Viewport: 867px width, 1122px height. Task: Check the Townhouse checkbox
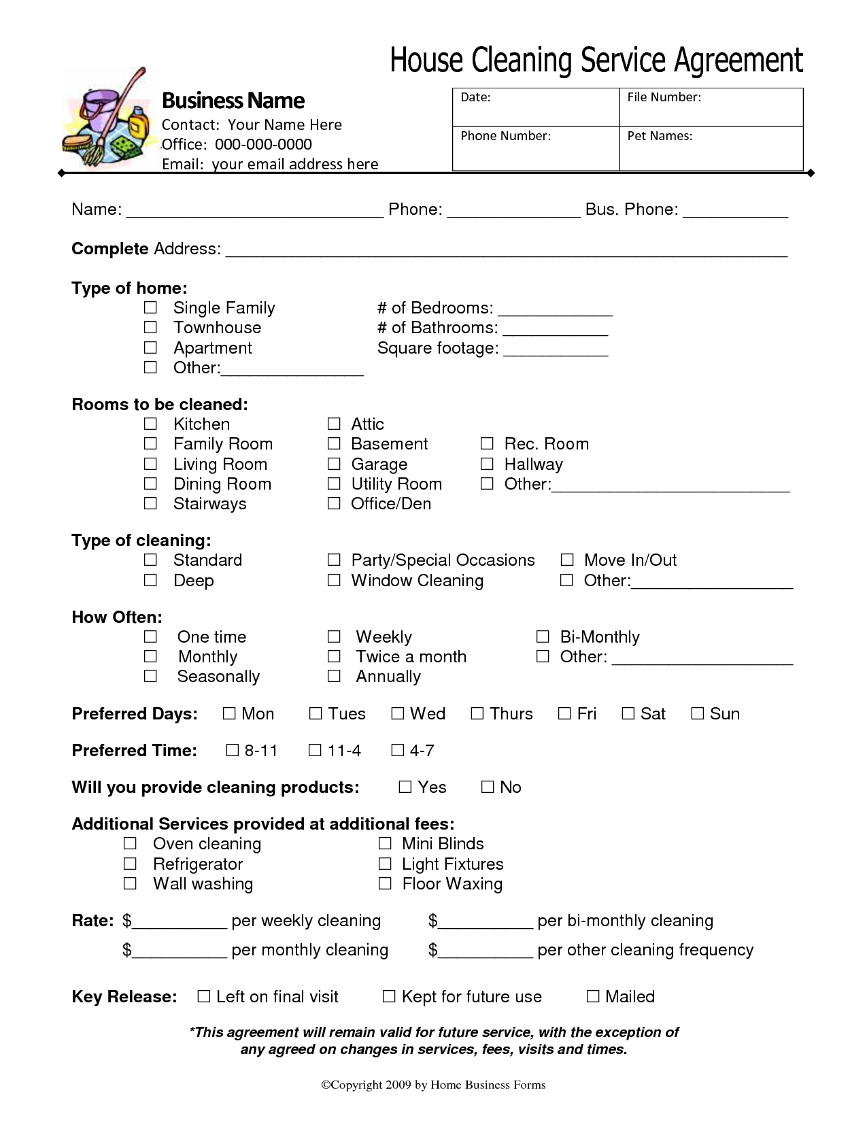(150, 328)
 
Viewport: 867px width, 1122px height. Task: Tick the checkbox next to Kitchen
(150, 424)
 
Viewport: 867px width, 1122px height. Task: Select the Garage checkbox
(334, 464)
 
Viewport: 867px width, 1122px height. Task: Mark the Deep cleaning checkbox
(150, 581)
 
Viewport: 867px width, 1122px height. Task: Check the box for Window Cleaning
(334, 581)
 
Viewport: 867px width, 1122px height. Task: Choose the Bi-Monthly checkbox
(543, 637)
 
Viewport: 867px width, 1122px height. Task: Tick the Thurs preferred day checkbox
(477, 714)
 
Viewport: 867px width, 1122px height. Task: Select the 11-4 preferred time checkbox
(315, 751)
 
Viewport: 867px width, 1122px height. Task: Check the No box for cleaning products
(488, 787)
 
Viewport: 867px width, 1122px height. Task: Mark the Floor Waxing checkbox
(385, 884)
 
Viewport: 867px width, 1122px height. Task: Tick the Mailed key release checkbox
(593, 997)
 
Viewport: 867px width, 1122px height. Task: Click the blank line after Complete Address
(506, 250)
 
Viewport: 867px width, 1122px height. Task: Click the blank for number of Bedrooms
(555, 309)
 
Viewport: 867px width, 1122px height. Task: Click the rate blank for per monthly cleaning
(180, 951)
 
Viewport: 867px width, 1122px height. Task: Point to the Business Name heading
(233, 101)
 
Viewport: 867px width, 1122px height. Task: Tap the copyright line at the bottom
(433, 1085)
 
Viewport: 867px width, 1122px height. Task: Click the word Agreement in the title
(738, 60)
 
